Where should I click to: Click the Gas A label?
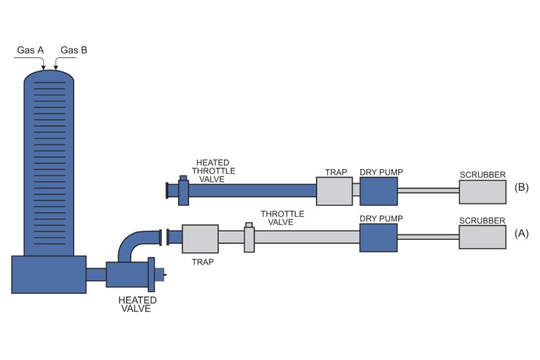(30, 50)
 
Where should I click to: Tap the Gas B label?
(74, 50)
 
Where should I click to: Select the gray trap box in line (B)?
(334, 191)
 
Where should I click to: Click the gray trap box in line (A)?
(200, 239)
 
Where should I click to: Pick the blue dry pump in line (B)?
(378, 191)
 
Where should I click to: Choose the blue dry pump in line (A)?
(378, 238)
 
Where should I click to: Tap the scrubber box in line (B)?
(483, 191)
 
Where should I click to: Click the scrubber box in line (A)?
(483, 238)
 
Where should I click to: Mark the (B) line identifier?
(520, 187)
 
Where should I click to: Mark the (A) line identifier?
(520, 233)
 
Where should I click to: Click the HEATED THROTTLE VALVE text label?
(215, 171)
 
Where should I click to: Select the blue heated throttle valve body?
(183, 191)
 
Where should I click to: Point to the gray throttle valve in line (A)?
(249, 238)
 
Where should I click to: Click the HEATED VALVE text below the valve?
(137, 305)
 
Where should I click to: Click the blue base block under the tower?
(49, 274)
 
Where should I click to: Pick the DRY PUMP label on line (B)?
(381, 173)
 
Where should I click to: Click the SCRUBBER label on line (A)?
(483, 220)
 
